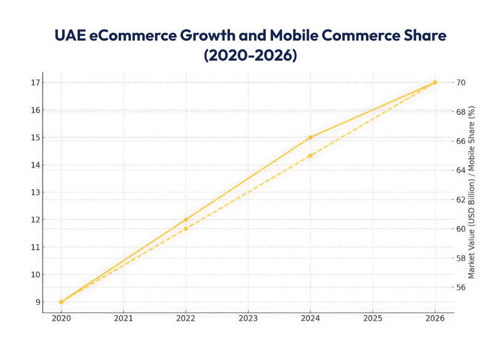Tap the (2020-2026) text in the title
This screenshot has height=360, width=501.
click(x=250, y=55)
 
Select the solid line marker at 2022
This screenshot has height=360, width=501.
click(x=186, y=219)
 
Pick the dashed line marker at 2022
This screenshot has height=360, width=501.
click(x=186, y=229)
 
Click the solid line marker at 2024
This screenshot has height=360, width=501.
click(x=310, y=138)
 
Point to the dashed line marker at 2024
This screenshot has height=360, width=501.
click(x=310, y=155)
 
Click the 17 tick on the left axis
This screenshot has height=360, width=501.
click(x=35, y=83)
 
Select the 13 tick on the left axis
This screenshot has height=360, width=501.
click(x=35, y=192)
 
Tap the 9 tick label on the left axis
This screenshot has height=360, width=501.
click(x=37, y=302)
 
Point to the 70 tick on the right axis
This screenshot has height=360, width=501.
click(x=461, y=83)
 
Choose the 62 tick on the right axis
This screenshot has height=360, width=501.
click(x=461, y=200)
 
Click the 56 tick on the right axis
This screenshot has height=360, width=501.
click(x=461, y=288)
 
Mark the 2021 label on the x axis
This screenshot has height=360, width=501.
click(x=123, y=318)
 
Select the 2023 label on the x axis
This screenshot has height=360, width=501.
click(x=248, y=318)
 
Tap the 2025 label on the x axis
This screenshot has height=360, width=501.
click(x=372, y=318)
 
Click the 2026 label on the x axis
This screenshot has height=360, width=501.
click(x=435, y=318)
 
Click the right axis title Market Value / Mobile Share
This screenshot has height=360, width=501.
click(x=472, y=192)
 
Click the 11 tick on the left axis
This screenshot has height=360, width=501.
click(x=35, y=247)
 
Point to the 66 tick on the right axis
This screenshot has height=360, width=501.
click(x=461, y=141)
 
